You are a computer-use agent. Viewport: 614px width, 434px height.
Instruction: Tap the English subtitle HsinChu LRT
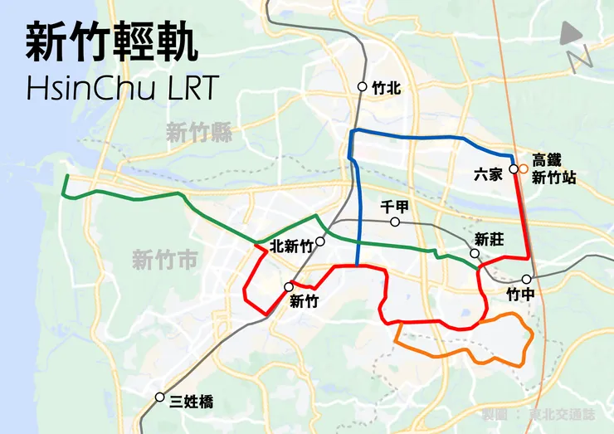coord(122,87)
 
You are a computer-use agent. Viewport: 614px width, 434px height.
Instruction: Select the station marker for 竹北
coord(363,87)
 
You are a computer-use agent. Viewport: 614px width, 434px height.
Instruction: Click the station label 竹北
coord(386,87)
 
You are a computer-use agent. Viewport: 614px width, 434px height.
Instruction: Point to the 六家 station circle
coord(514,169)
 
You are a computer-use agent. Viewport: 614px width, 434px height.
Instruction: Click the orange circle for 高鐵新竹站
coord(524,169)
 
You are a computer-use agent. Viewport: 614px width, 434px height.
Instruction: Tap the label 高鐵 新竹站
coord(553,168)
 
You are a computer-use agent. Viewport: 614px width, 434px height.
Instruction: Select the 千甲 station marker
coord(395,222)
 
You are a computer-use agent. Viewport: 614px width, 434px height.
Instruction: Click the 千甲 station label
coord(395,207)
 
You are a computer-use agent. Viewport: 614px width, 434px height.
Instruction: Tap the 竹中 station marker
coord(526,280)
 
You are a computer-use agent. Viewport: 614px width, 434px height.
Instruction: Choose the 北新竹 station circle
coord(319,241)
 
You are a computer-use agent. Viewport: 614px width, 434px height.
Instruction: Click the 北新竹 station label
coord(292,246)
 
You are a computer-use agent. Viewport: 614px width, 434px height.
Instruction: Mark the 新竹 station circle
coord(289,287)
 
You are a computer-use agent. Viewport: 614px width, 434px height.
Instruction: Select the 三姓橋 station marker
coord(159,397)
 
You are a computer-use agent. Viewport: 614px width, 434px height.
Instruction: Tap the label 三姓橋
coord(191,402)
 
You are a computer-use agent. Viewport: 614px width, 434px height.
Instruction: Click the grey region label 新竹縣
coord(198,132)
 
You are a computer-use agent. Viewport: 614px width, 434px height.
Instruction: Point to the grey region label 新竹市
coord(165,261)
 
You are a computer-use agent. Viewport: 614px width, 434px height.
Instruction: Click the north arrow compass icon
coord(573,46)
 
